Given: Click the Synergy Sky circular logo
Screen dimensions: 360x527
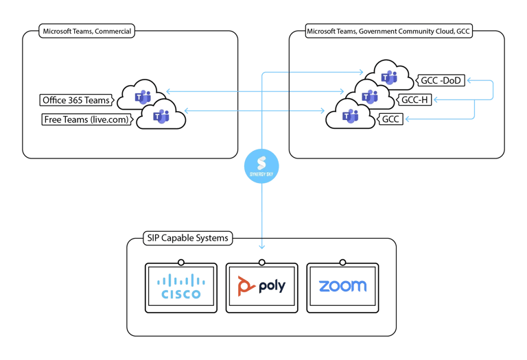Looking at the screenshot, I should tap(261, 165).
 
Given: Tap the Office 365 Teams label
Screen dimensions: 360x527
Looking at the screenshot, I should tap(75, 100).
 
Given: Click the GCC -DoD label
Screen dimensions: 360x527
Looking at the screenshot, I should tap(441, 80).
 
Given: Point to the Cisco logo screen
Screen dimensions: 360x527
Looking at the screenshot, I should tap(180, 287).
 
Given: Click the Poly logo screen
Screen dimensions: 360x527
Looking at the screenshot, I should tap(261, 287).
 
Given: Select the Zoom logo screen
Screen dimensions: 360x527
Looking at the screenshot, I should tap(342, 287).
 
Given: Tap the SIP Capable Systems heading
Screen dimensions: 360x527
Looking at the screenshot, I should tap(187, 239).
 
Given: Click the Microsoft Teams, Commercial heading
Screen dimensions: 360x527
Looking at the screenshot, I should tap(88, 31).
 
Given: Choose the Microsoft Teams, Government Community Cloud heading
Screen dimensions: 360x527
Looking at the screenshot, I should tap(389, 32).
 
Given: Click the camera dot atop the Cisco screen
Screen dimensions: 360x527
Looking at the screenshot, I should tap(180, 261).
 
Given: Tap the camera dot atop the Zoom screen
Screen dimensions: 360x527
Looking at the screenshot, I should tap(342, 261).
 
